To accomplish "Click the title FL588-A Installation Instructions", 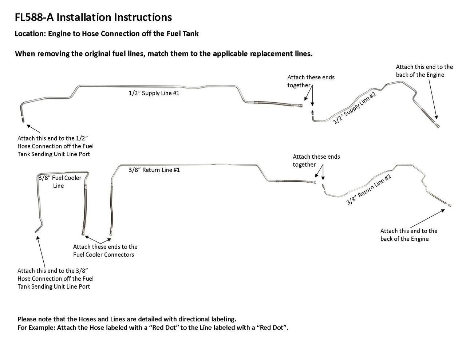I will tap(93, 17).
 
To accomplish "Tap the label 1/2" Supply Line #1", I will tap(154, 93).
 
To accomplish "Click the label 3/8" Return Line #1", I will tap(154, 170).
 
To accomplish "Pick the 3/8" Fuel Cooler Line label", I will tap(60, 182).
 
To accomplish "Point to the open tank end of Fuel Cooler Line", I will tap(36, 231).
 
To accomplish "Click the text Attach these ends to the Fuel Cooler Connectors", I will tap(105, 250).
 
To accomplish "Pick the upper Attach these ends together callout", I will tap(311, 81).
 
